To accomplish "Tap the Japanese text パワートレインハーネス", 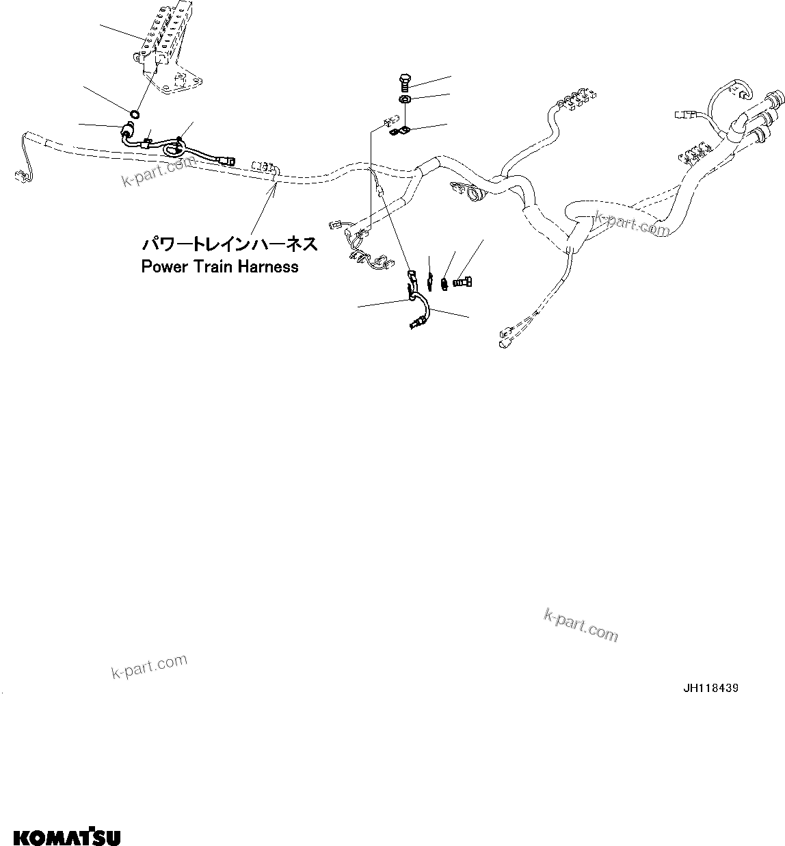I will (x=229, y=244).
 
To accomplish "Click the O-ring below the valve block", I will (x=135, y=113).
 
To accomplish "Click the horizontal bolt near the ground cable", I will (x=462, y=280).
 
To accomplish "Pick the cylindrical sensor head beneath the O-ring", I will (x=127, y=130).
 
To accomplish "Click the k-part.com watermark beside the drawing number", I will (x=581, y=626).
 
